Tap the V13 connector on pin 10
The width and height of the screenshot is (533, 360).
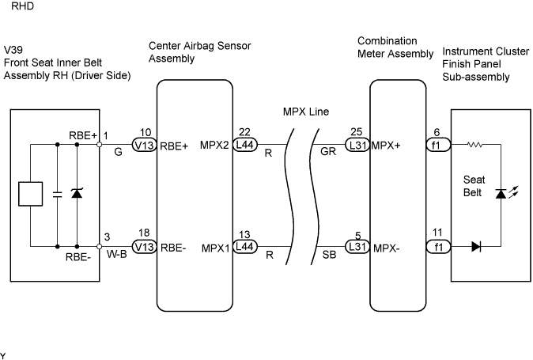coord(144,145)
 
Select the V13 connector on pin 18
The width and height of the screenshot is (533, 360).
coord(144,246)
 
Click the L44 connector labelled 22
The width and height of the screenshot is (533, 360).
coord(244,145)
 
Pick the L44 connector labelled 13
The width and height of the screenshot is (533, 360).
coord(244,246)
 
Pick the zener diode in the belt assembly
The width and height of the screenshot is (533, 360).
coord(77,194)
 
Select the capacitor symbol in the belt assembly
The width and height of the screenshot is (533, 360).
coord(57,194)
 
